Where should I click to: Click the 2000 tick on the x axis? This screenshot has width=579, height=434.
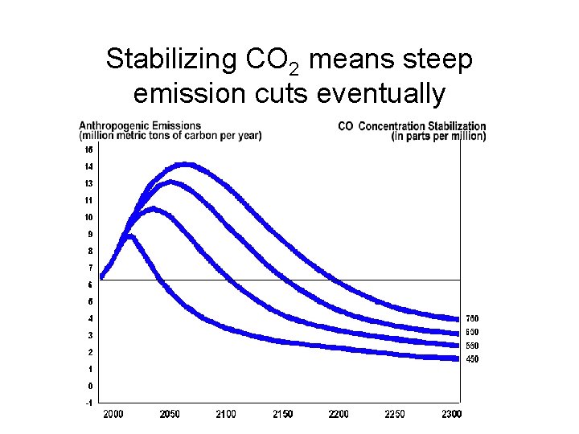pyautogui.click(x=113, y=414)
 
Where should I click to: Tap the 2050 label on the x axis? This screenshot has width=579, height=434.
pyautogui.click(x=170, y=414)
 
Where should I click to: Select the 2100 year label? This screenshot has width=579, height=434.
pyautogui.click(x=226, y=414)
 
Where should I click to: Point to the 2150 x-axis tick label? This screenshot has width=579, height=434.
pyautogui.click(x=282, y=414)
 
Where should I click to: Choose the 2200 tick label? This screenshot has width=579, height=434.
pyautogui.click(x=339, y=414)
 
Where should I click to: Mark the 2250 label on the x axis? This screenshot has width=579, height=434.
pyautogui.click(x=395, y=414)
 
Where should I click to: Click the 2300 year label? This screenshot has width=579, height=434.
pyautogui.click(x=451, y=414)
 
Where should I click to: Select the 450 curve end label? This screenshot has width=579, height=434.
pyautogui.click(x=472, y=359)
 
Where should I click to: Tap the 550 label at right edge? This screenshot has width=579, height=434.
pyautogui.click(x=472, y=346)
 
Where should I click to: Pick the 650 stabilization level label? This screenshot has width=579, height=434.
pyautogui.click(x=472, y=332)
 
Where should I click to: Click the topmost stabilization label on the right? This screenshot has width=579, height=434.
pyautogui.click(x=472, y=318)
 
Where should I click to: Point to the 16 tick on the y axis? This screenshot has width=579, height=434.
pyautogui.click(x=88, y=149)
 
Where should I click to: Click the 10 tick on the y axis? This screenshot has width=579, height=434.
pyautogui.click(x=88, y=217)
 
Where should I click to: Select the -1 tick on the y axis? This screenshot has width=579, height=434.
pyautogui.click(x=88, y=403)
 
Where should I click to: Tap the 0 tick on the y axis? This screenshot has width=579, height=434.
pyautogui.click(x=89, y=386)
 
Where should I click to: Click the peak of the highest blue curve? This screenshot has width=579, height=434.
pyautogui.click(x=187, y=165)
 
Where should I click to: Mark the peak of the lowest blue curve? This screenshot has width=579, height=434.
pyautogui.click(x=129, y=235)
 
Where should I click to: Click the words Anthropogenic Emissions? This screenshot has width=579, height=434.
pyautogui.click(x=140, y=125)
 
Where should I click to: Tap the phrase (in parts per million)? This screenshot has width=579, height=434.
pyautogui.click(x=438, y=136)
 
